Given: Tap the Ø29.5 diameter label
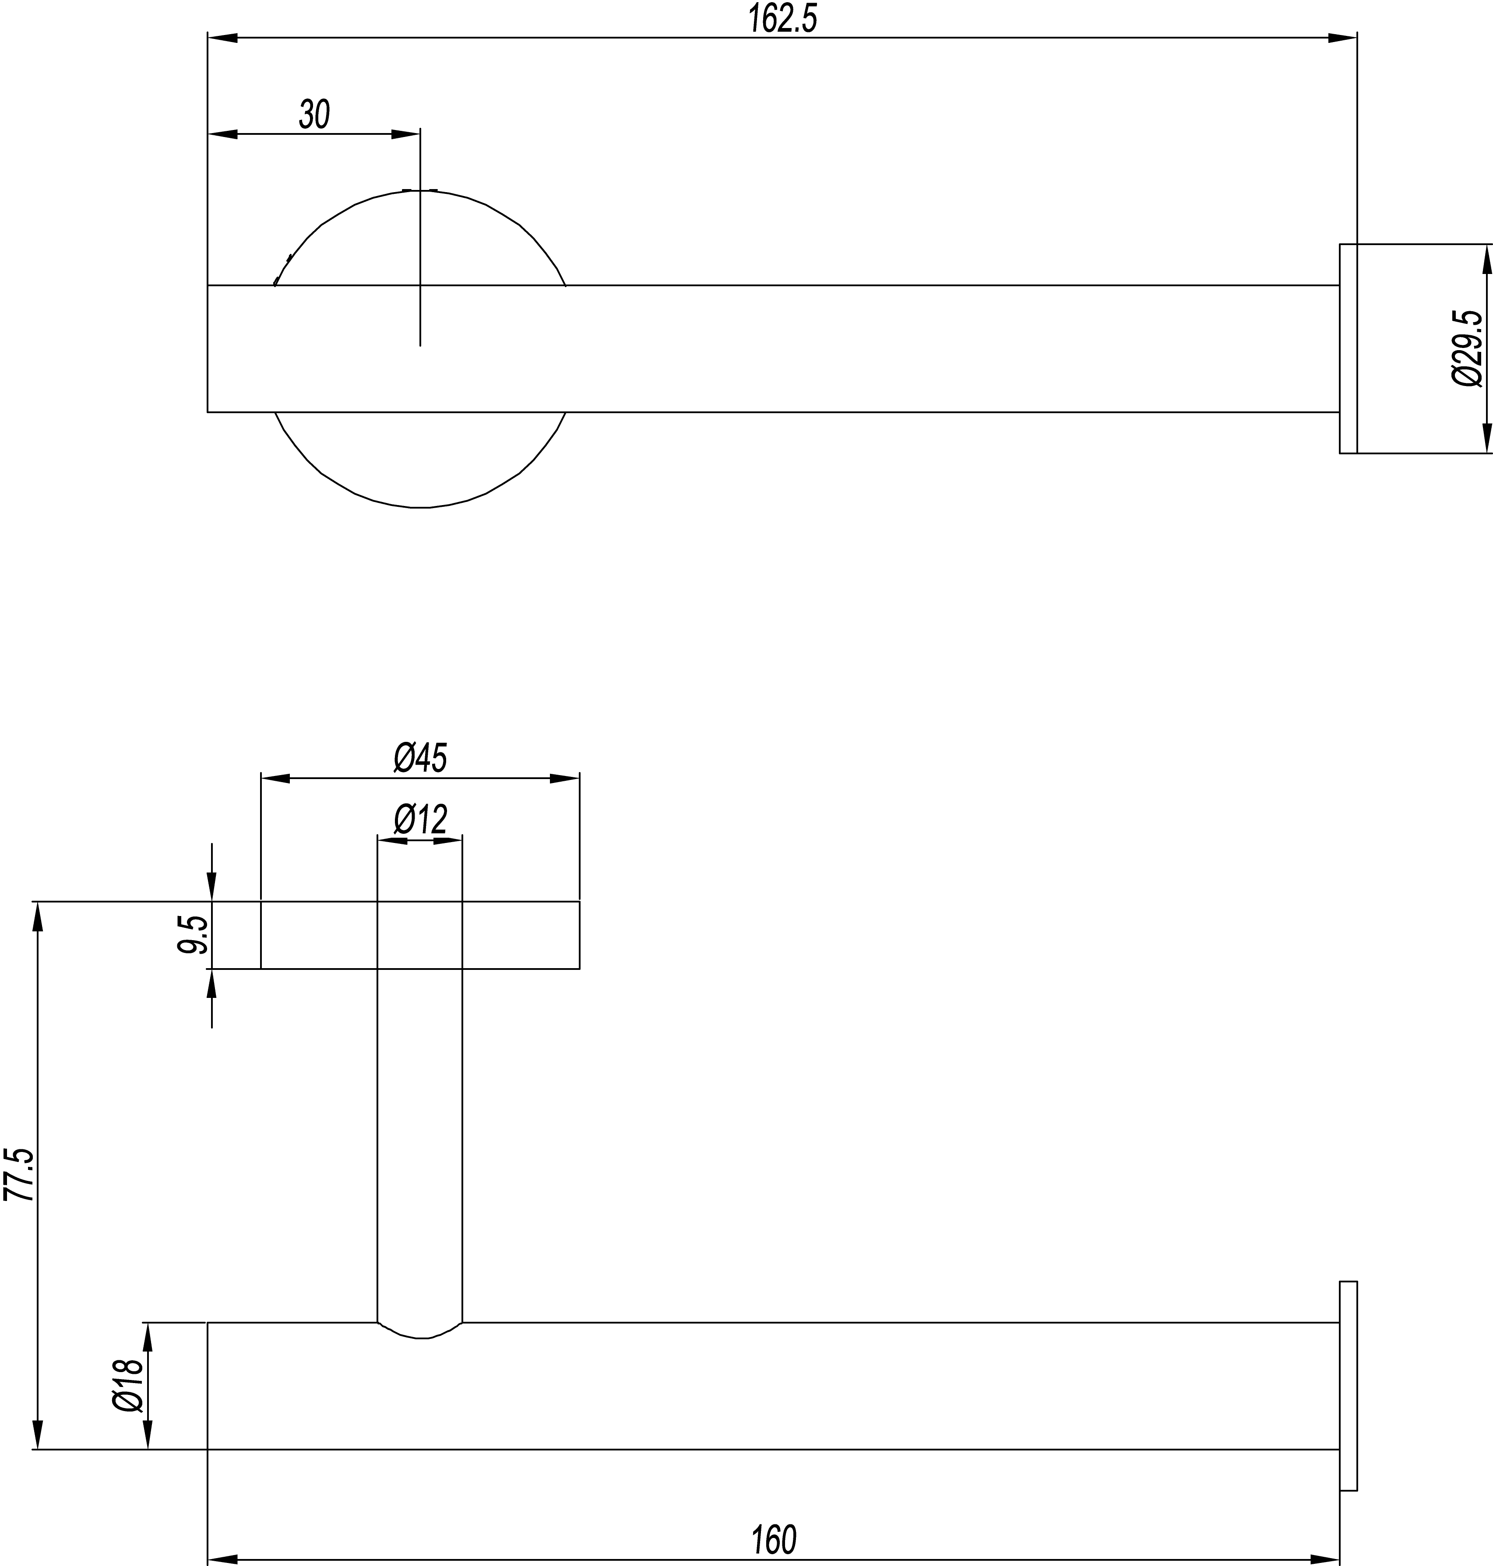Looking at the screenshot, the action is coord(1467,348).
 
